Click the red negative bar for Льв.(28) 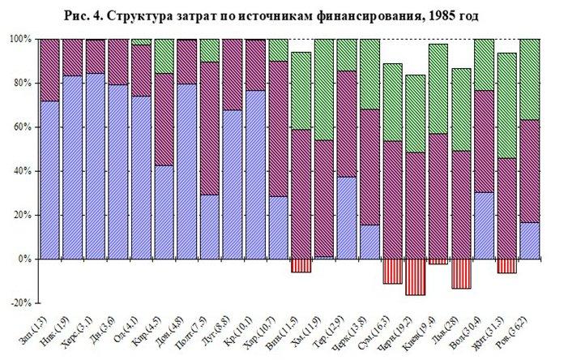pyautogui.click(x=462, y=273)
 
